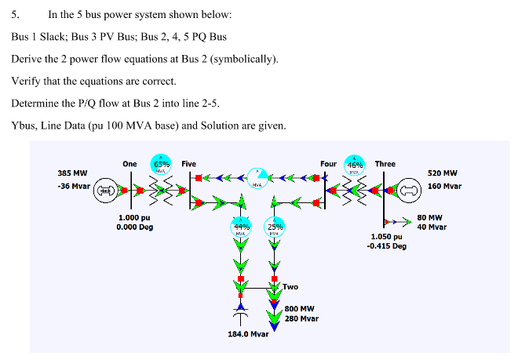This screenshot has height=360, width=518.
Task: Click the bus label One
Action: click(x=129, y=163)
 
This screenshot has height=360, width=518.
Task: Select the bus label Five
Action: click(x=188, y=163)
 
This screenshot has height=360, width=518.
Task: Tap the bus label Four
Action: click(x=328, y=163)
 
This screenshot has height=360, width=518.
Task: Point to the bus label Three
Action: click(x=385, y=163)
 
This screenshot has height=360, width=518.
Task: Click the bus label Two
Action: click(x=290, y=287)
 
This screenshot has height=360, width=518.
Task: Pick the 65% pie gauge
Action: click(x=160, y=167)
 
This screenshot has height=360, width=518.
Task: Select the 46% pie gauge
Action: click(x=356, y=167)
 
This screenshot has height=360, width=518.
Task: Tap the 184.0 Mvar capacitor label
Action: click(x=248, y=334)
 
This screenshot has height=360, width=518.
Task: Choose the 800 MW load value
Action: click(x=300, y=309)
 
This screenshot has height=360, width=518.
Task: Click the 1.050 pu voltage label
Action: click(x=386, y=235)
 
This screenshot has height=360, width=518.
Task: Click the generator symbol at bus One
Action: click(x=104, y=190)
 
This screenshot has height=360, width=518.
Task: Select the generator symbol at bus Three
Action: click(x=407, y=190)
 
